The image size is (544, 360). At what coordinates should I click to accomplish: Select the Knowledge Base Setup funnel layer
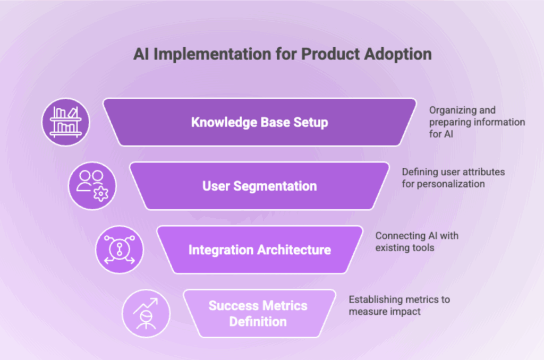tap(259, 122)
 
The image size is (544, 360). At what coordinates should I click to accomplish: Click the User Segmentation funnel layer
tap(259, 186)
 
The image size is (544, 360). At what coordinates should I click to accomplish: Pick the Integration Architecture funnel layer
tap(259, 250)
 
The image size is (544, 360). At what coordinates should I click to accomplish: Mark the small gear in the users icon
tap(100, 194)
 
